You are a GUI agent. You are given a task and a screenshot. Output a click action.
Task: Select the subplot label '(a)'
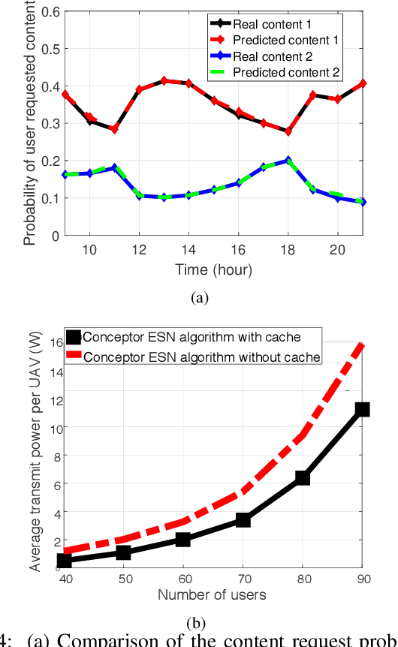tap(199, 298)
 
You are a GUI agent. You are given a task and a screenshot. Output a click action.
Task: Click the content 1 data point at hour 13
tap(164, 80)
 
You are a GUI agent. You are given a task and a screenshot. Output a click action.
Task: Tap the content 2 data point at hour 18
tap(288, 161)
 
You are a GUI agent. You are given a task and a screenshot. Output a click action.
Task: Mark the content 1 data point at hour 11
tap(114, 129)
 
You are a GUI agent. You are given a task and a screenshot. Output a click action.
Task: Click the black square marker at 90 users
tap(363, 409)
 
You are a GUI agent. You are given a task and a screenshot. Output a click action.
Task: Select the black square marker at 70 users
tap(243, 519)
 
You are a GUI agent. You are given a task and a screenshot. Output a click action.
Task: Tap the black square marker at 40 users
tap(64, 561)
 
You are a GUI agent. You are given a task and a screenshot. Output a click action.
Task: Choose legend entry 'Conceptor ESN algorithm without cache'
tap(201, 357)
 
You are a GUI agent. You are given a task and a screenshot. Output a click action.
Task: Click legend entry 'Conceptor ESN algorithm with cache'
tap(192, 336)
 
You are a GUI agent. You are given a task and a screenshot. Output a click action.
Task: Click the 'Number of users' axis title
tap(212, 595)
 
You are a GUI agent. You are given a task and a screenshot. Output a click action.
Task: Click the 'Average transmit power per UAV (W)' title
tap(35, 450)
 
